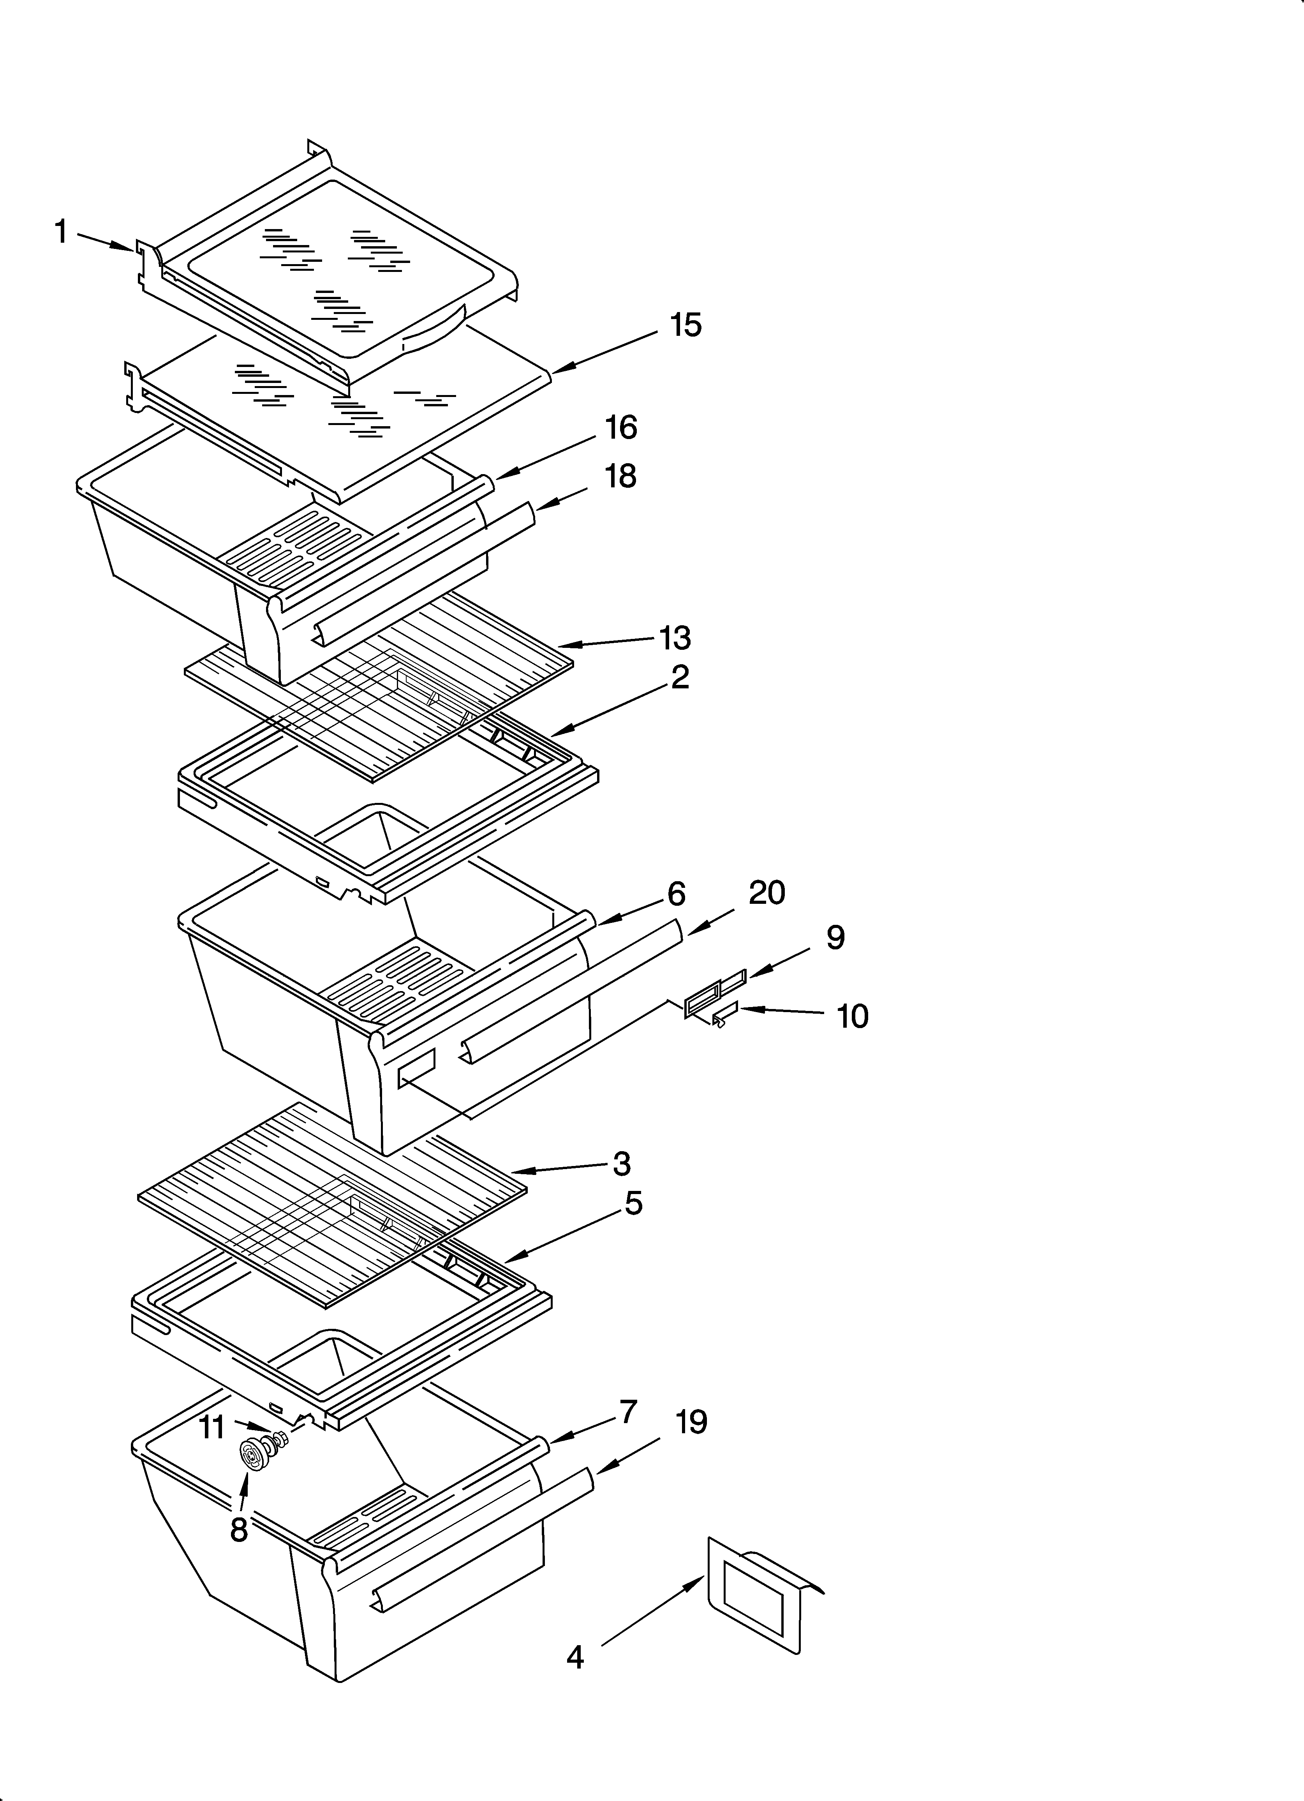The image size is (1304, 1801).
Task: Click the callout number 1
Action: pyautogui.click(x=60, y=233)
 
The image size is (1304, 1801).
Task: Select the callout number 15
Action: pyautogui.click(x=685, y=326)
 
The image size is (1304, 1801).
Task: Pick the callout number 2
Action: pyautogui.click(x=680, y=677)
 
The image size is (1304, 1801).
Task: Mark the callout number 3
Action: pyautogui.click(x=622, y=1164)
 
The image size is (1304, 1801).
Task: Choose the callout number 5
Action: pyautogui.click(x=633, y=1204)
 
